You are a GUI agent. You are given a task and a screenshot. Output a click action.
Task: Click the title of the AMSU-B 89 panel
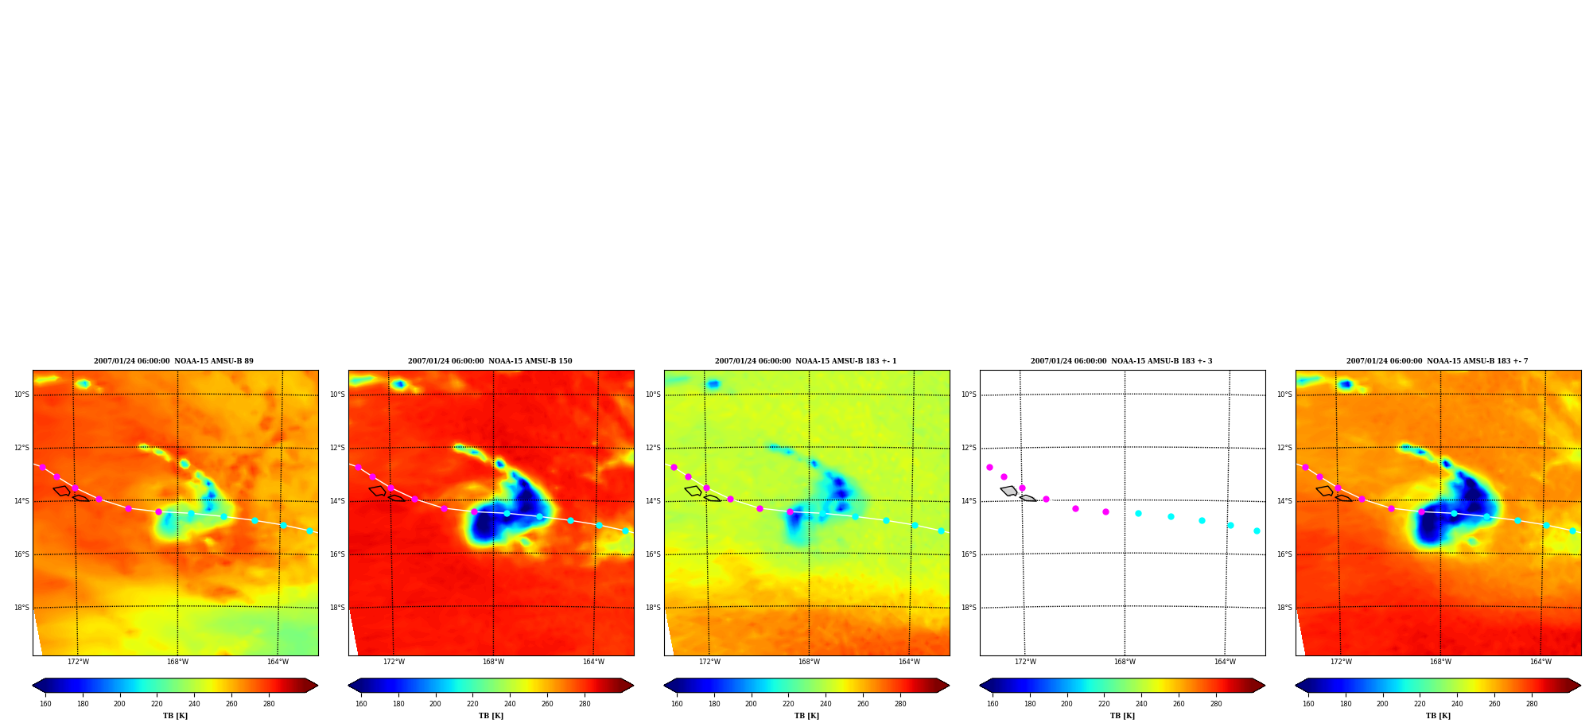173,361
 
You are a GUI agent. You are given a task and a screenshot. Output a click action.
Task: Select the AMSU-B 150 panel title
490,361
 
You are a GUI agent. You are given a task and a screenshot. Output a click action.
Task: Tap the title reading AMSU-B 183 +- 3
1121,361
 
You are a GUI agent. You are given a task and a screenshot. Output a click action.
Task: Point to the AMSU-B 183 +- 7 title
1437,361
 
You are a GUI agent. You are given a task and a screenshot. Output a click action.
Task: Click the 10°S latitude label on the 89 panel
21,395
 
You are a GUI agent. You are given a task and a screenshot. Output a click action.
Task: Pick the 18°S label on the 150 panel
337,608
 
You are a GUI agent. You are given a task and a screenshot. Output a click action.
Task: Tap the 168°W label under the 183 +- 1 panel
809,662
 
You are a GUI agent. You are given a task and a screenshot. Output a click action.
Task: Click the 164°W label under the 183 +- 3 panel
1225,662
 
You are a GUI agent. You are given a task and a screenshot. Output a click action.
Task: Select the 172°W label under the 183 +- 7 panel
1341,662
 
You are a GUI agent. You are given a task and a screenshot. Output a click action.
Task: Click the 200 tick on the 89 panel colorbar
119,704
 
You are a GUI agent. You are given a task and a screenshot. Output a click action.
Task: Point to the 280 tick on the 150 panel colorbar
585,704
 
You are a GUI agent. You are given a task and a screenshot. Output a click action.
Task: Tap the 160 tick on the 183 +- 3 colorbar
993,704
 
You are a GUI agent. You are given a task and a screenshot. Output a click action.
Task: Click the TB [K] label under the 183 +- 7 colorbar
1438,716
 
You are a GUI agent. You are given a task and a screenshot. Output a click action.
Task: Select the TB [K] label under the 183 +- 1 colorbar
806,716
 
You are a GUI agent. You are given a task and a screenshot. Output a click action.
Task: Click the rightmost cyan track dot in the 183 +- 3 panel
1257,531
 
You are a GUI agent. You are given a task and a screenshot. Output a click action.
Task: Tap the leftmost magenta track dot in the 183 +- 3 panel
989,467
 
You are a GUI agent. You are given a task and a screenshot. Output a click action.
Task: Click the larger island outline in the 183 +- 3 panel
1009,491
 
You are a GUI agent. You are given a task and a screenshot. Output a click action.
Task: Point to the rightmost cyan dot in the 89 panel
309,531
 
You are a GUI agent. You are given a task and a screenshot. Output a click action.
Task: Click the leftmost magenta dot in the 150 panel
358,467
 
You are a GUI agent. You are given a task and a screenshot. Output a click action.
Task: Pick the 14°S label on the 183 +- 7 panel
1284,501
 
